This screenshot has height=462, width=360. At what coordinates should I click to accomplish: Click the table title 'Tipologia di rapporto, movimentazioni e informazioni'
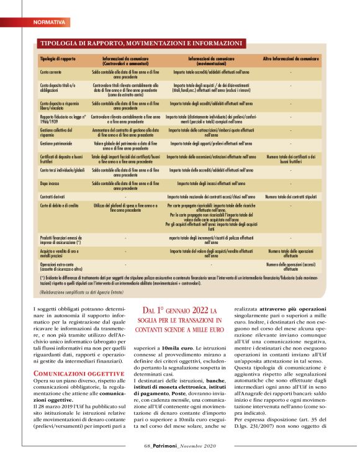click(141, 43)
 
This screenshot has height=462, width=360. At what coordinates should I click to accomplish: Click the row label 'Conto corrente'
click(51, 73)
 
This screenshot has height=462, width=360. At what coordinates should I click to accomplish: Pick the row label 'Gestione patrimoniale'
click(57, 143)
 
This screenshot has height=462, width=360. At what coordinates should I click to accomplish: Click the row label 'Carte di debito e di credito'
click(59, 204)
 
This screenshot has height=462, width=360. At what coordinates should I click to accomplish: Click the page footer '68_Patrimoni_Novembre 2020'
click(179, 446)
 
